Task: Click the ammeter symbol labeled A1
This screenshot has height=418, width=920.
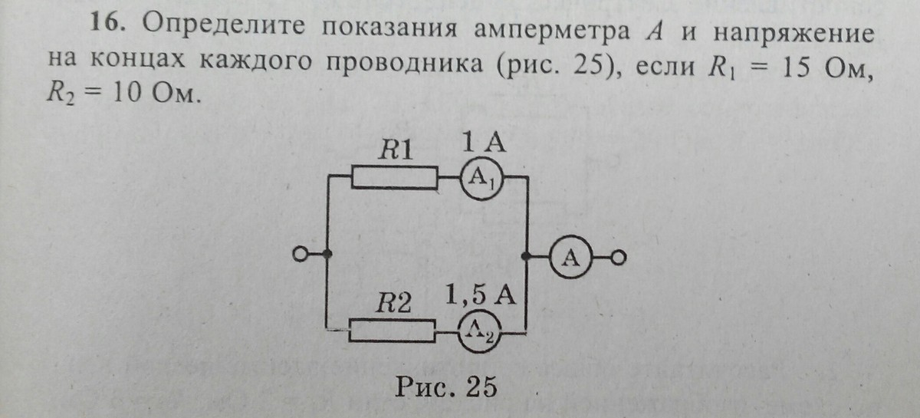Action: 481,179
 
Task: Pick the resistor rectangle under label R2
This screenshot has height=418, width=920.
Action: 393,331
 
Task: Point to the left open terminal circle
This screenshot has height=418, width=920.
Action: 301,255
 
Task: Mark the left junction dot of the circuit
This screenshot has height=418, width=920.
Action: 328,255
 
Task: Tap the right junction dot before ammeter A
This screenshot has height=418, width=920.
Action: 527,256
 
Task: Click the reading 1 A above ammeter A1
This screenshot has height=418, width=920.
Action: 481,143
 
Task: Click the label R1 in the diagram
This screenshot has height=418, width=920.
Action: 398,150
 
